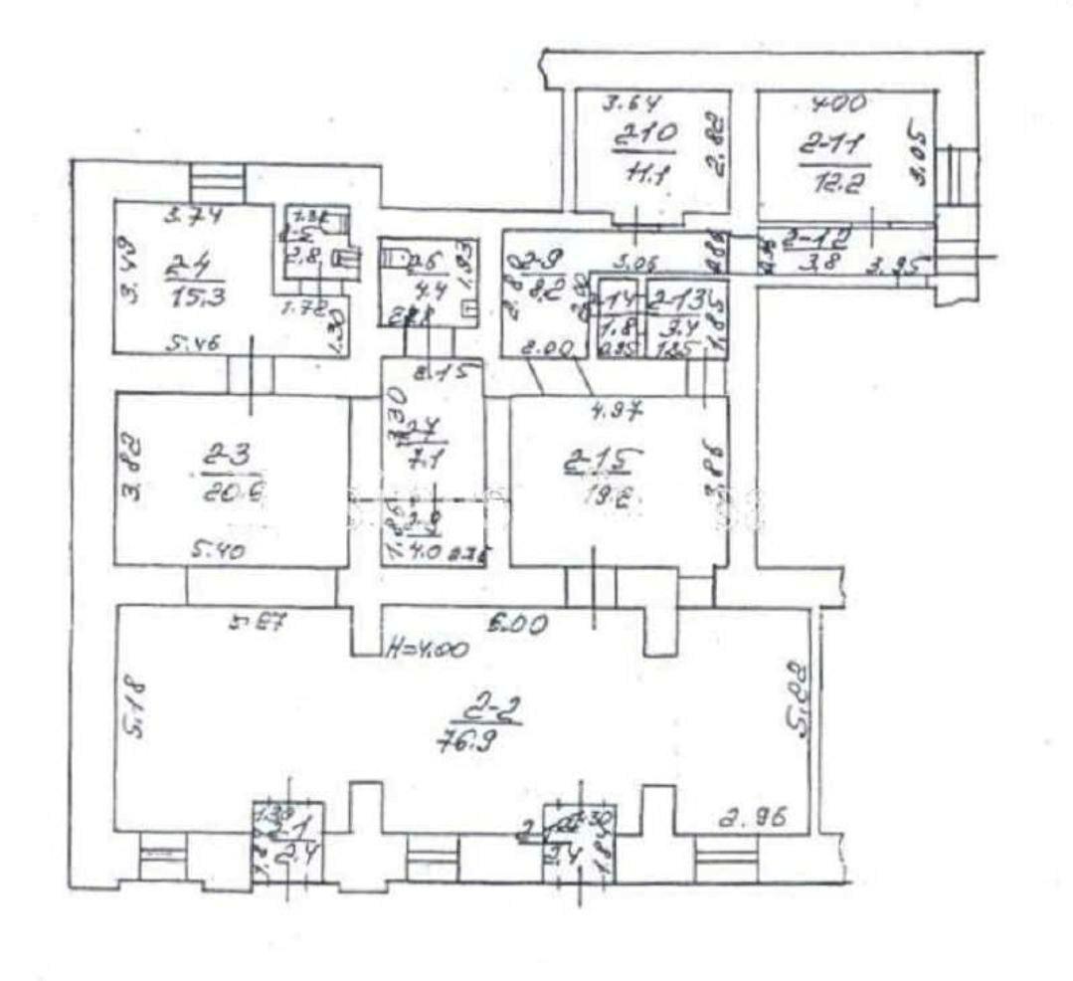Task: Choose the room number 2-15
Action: (601, 459)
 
